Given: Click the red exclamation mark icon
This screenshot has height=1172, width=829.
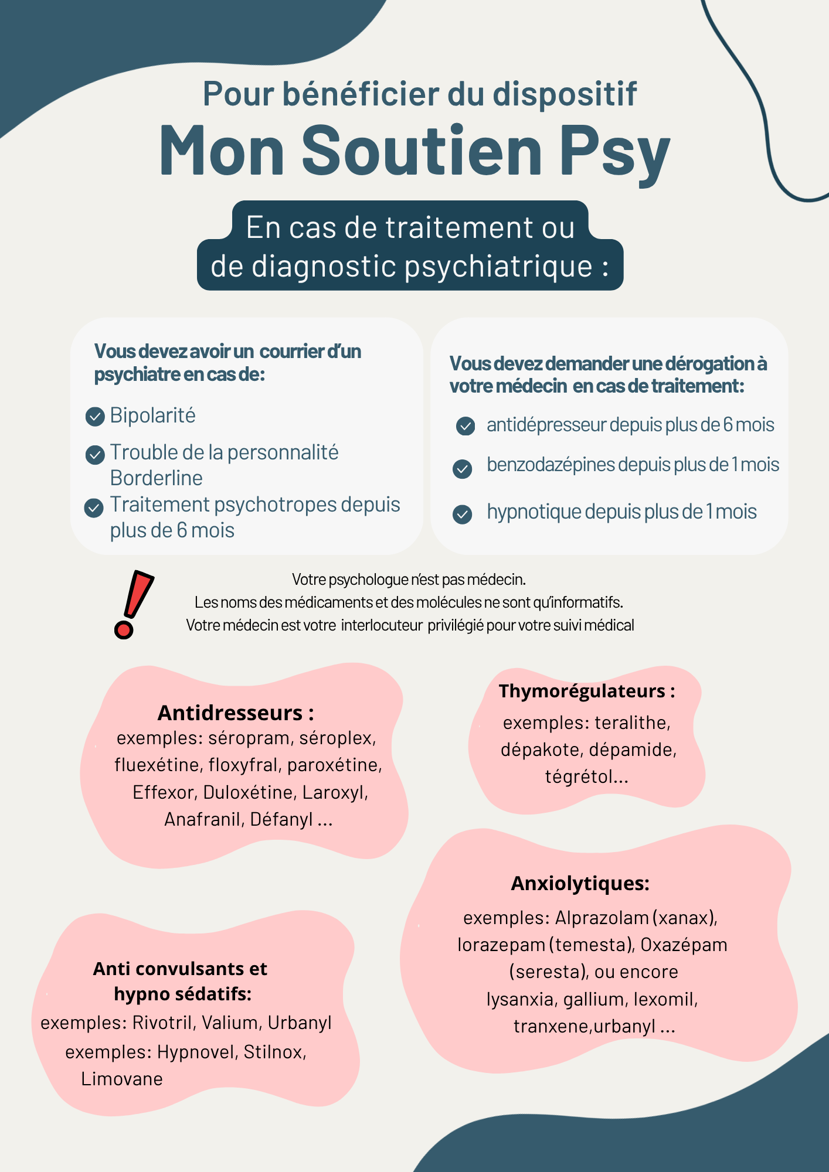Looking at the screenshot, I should click(x=133, y=604).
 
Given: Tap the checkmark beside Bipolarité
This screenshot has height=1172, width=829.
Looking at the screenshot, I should click(x=95, y=417).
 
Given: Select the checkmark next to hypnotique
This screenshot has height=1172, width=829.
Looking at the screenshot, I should click(x=463, y=515).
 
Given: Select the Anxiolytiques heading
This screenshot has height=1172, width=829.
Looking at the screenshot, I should click(x=580, y=883).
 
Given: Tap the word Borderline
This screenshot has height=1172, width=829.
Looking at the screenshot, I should click(x=157, y=478).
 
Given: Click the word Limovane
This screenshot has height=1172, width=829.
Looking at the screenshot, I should click(x=122, y=1079).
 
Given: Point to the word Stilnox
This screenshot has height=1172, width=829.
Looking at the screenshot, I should click(x=275, y=1052).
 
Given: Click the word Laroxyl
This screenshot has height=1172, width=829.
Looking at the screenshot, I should click(x=335, y=792).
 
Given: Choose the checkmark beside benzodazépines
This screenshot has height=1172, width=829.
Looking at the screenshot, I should click(x=463, y=469).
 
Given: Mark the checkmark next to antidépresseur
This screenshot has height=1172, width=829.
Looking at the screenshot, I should click(x=466, y=426).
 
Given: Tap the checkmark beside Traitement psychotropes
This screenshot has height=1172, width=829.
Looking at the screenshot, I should click(x=94, y=507).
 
